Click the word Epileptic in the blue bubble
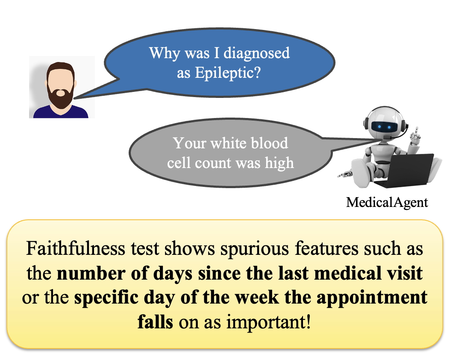[x=228, y=73]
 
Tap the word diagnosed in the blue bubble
[x=256, y=53]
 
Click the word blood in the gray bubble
[x=269, y=143]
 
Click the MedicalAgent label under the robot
[x=387, y=203]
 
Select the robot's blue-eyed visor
[x=382, y=127]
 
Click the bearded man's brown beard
[x=60, y=97]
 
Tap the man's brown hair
[x=61, y=69]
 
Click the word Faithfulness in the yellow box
[x=76, y=248]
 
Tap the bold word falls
[x=155, y=322]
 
